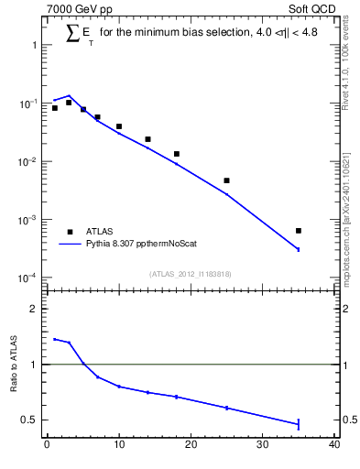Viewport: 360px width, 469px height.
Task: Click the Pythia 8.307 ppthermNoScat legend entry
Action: point(136,245)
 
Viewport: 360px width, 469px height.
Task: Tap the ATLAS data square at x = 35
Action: point(299,231)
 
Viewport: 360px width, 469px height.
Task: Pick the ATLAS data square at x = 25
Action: point(226,180)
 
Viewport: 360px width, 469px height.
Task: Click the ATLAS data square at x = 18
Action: point(176,154)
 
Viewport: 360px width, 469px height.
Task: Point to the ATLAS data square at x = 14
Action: point(147,139)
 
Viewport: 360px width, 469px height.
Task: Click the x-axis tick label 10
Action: point(118,446)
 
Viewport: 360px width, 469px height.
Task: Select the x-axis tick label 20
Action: point(191,446)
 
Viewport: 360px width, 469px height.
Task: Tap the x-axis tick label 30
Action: point(263,446)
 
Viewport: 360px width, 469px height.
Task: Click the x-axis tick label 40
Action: point(334,446)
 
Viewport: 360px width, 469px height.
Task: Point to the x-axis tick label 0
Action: point(47,446)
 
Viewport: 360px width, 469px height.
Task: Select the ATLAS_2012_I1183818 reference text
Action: point(191,274)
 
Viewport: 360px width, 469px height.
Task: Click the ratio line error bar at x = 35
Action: point(299,423)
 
